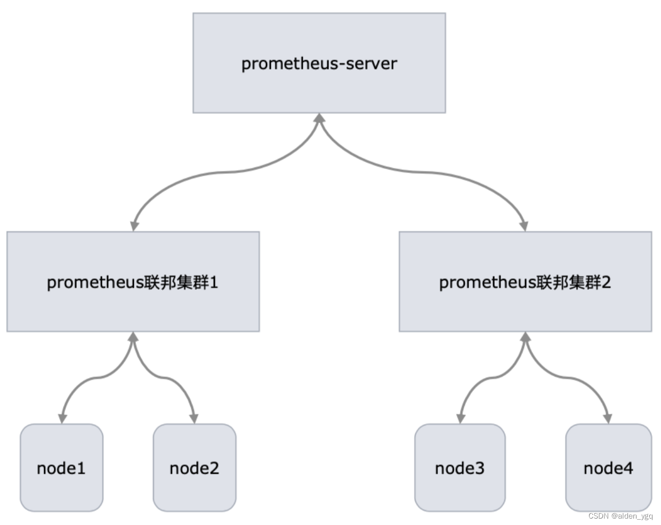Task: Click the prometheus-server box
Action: tap(319, 63)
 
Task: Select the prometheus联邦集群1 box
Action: tap(133, 282)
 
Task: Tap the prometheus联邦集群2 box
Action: tap(525, 282)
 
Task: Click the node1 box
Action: tap(61, 468)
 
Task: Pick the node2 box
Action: tap(195, 468)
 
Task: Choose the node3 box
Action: tap(460, 468)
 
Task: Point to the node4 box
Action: tap(608, 468)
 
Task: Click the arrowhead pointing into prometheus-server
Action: tap(319, 118)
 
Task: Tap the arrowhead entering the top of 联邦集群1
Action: tap(134, 226)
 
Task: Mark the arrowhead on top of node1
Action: tap(62, 418)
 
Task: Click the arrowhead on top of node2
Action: tap(194, 418)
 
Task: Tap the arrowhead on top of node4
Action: tap(607, 418)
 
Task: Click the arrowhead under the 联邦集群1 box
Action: tap(133, 337)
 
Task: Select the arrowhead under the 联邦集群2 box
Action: tap(525, 337)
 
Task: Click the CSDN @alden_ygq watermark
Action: tap(620, 516)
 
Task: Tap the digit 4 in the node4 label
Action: tap(627, 468)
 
